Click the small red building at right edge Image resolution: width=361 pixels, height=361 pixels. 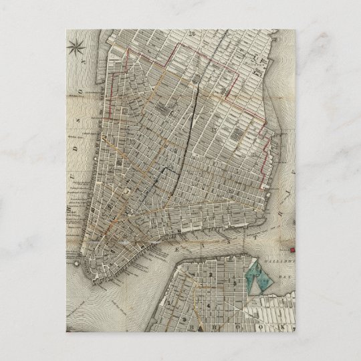pyautogui.click(x=293, y=251)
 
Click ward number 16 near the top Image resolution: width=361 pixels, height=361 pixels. pyautogui.click(x=192, y=33)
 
